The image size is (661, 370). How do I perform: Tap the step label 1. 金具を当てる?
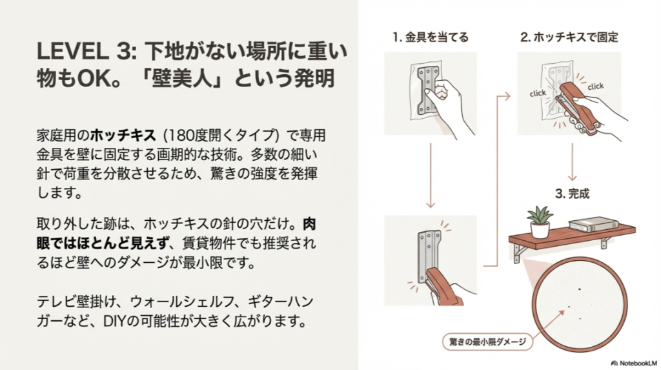pos(430,37)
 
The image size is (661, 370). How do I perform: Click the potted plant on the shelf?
pos(540,221)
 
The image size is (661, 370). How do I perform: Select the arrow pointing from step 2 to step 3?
pos(572,161)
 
